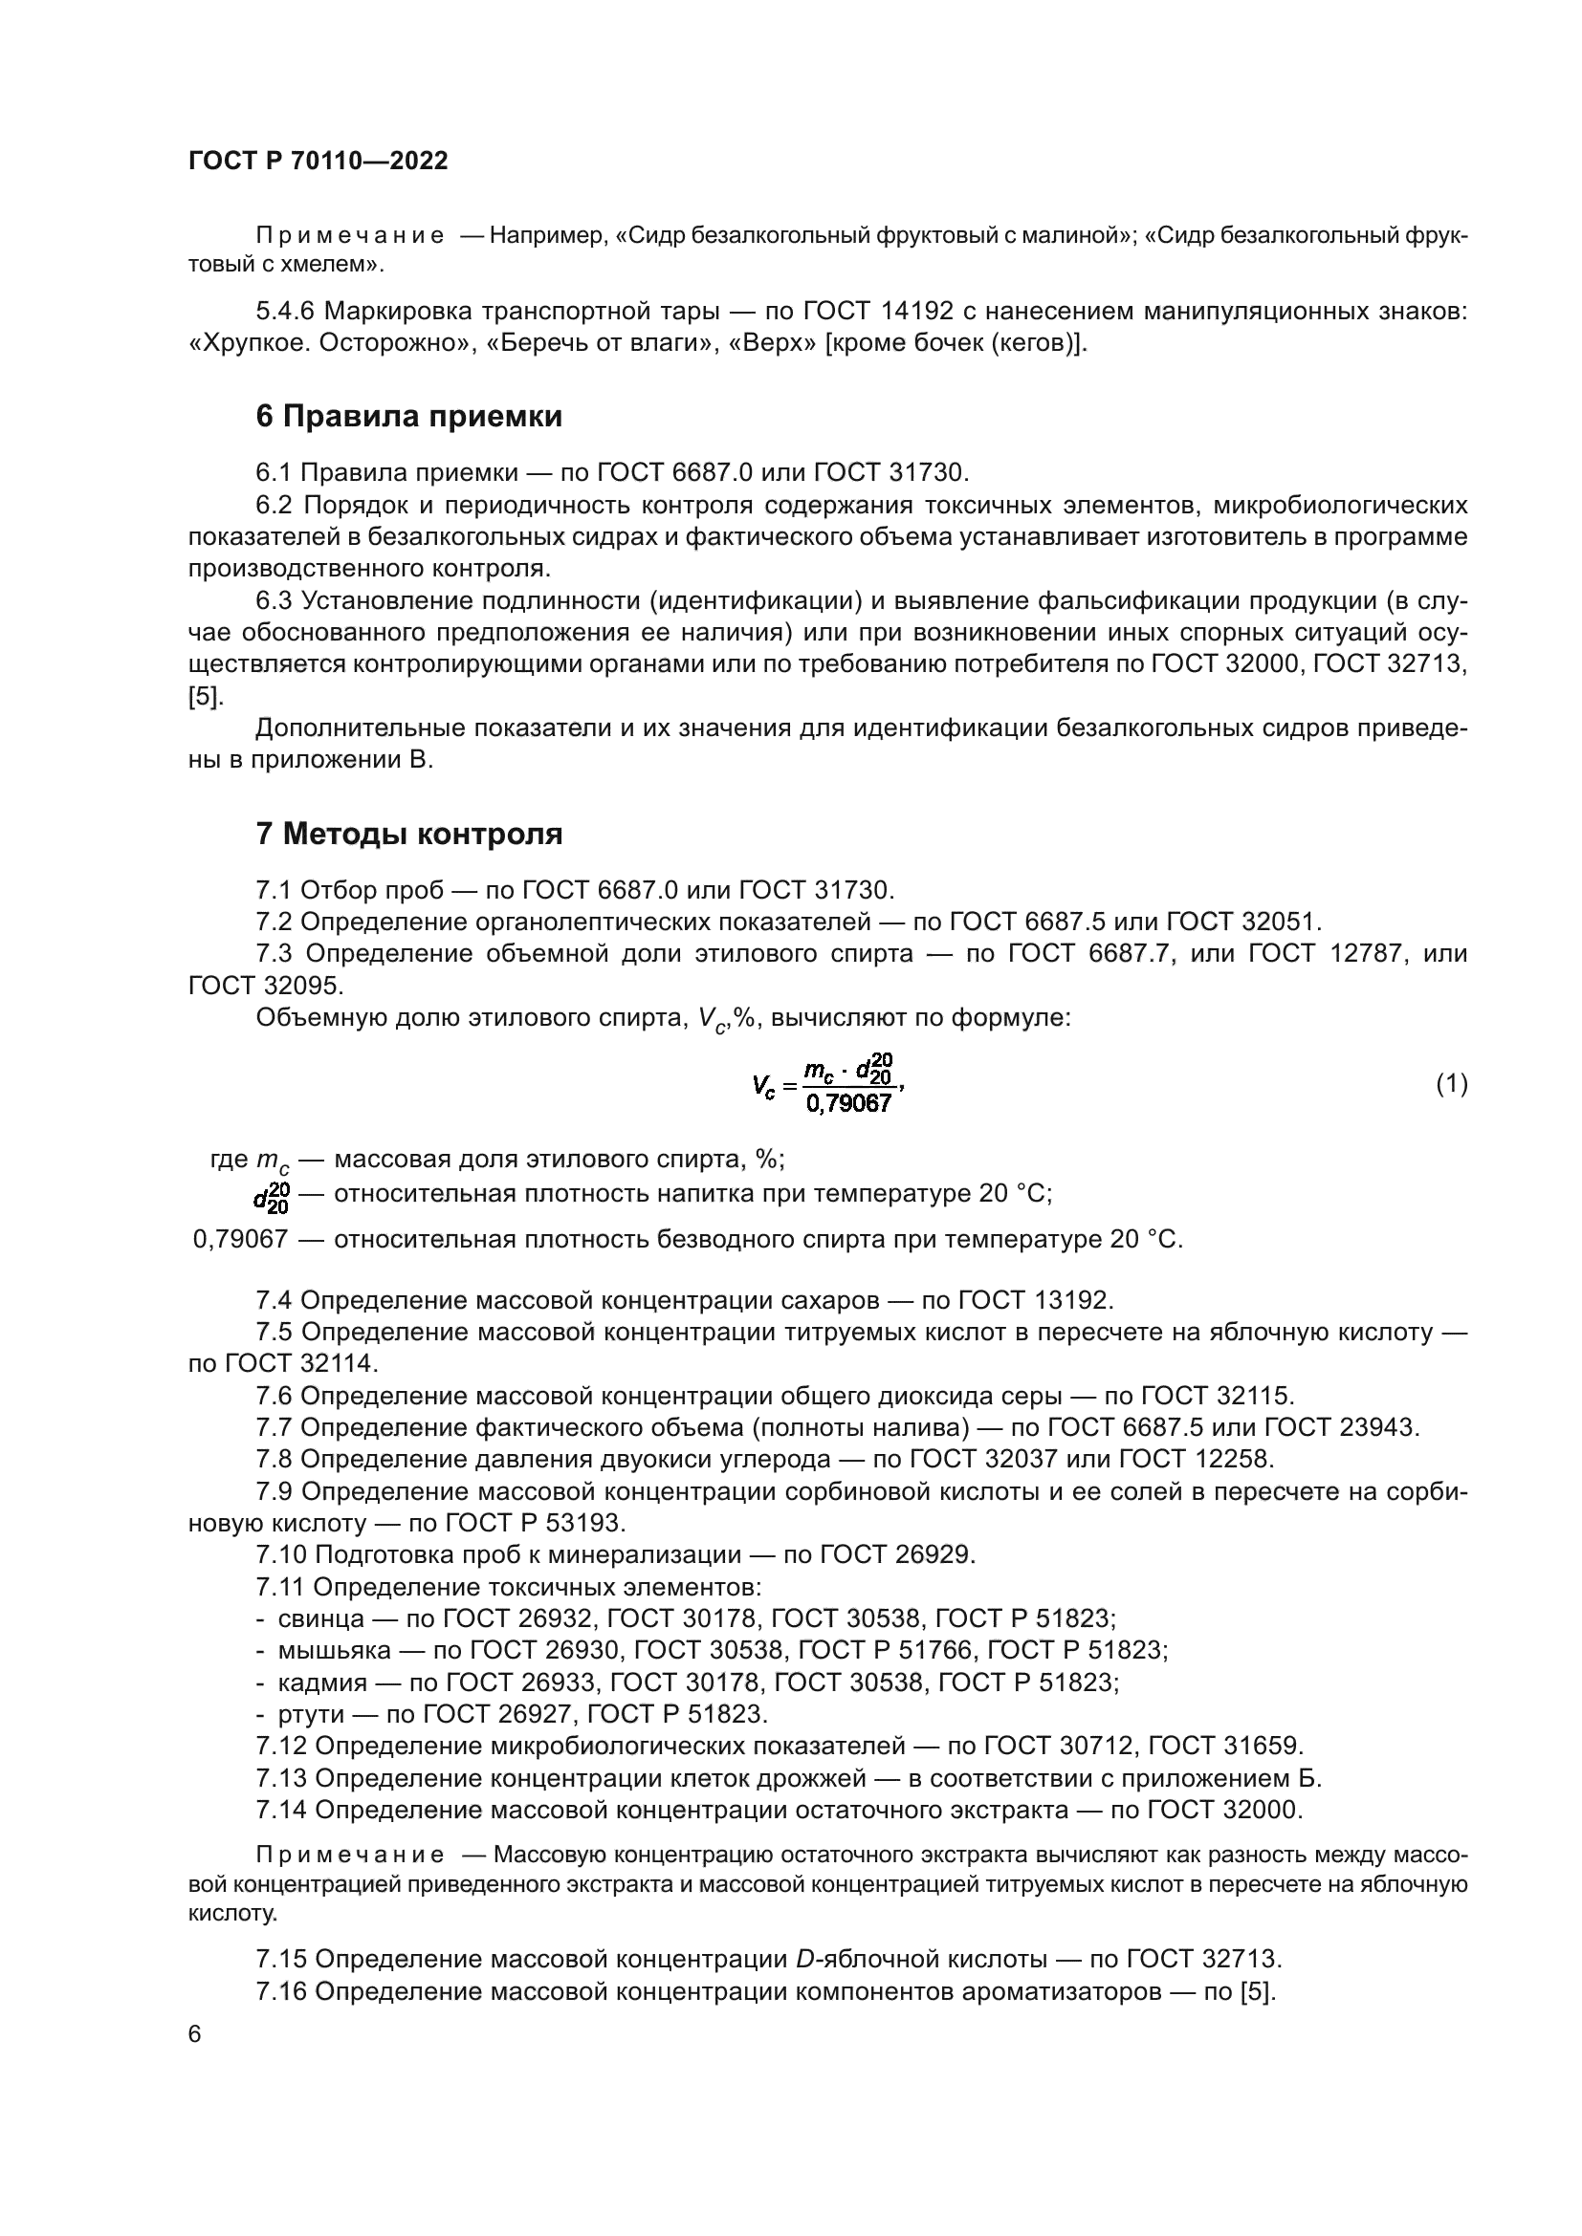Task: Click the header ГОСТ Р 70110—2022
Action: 318,161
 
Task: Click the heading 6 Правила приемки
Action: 409,417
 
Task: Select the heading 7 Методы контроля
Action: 409,835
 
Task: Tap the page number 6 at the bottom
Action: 195,2034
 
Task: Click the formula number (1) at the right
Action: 1452,1084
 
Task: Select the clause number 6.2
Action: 274,505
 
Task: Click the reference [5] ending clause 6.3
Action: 206,696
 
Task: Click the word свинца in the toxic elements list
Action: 321,1618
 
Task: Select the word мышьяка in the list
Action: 334,1651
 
